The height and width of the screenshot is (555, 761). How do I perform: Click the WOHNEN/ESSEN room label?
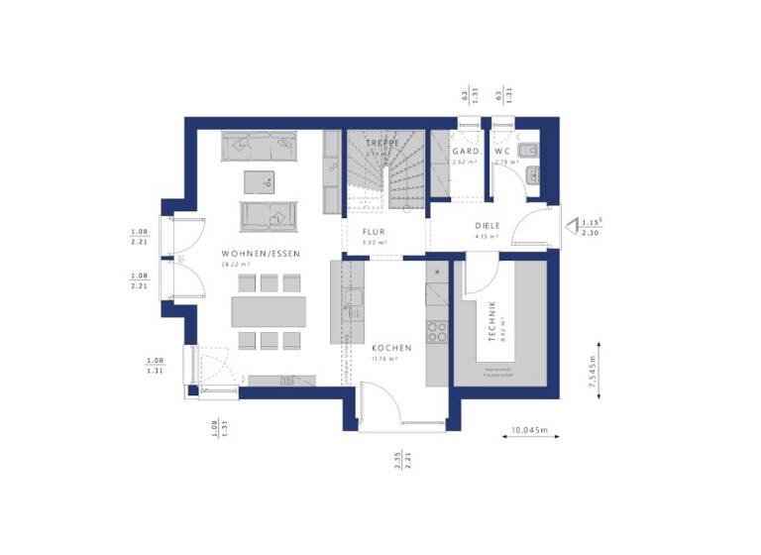point(261,255)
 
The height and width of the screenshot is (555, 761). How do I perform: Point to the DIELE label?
point(487,226)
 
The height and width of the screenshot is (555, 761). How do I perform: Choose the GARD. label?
point(466,152)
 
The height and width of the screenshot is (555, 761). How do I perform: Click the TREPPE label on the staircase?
point(380,143)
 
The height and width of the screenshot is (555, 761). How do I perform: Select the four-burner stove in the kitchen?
point(436,332)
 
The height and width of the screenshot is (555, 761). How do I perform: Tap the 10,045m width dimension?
point(530,431)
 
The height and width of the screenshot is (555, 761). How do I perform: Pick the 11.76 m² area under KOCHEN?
point(384,359)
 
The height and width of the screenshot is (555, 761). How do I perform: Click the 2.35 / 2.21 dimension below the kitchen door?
point(402,462)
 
